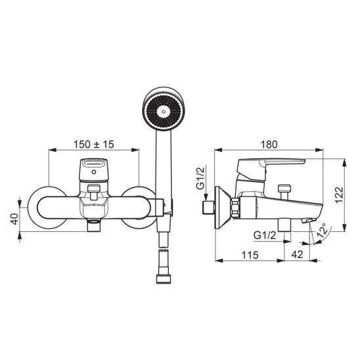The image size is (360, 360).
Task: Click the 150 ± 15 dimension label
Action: point(93,145)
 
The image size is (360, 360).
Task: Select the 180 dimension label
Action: point(269,145)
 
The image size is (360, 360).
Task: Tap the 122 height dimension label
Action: point(339,195)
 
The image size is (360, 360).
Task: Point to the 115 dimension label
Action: point(250,255)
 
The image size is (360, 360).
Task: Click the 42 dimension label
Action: point(297,255)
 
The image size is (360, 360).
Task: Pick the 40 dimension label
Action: point(14,219)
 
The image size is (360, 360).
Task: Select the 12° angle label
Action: point(322,230)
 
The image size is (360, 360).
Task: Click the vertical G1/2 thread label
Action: point(200,178)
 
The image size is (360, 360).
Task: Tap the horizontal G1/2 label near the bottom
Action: point(265,235)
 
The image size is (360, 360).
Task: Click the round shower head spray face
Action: point(163,112)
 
